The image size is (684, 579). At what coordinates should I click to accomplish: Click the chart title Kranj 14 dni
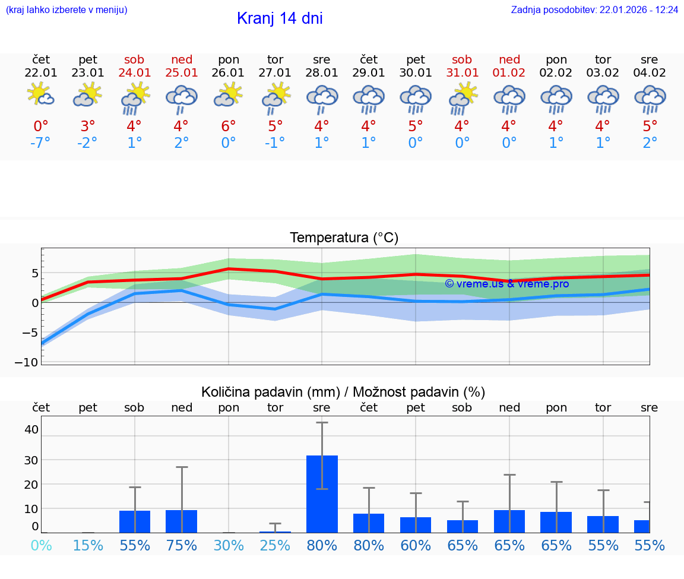[x=280, y=18]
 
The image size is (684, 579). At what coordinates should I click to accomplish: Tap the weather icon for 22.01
[x=40, y=95]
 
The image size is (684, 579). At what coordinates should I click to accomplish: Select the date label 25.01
[x=182, y=73]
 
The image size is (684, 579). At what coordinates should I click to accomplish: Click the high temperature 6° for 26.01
[x=229, y=126]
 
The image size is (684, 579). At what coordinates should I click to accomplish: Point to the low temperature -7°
[x=40, y=143]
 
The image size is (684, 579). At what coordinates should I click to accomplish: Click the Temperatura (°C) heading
[x=344, y=238]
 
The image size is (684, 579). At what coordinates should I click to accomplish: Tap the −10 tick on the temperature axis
[x=30, y=362]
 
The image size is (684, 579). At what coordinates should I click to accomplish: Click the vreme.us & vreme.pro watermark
[x=506, y=284]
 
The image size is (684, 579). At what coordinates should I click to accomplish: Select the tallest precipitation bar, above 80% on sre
[x=322, y=493]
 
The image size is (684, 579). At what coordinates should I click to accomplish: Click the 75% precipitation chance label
[x=182, y=545]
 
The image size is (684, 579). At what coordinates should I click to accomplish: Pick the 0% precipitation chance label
[x=41, y=545]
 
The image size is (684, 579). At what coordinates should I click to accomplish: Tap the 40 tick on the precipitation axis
[x=31, y=429]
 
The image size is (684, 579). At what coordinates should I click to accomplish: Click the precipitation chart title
[x=343, y=392]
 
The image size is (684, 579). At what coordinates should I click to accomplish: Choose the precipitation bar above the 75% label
[x=182, y=521]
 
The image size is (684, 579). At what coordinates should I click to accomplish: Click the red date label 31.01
[x=462, y=73]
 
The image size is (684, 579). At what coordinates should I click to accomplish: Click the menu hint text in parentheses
[x=66, y=10]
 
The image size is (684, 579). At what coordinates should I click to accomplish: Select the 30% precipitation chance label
[x=229, y=545]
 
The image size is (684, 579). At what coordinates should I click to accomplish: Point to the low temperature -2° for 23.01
[x=87, y=143]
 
